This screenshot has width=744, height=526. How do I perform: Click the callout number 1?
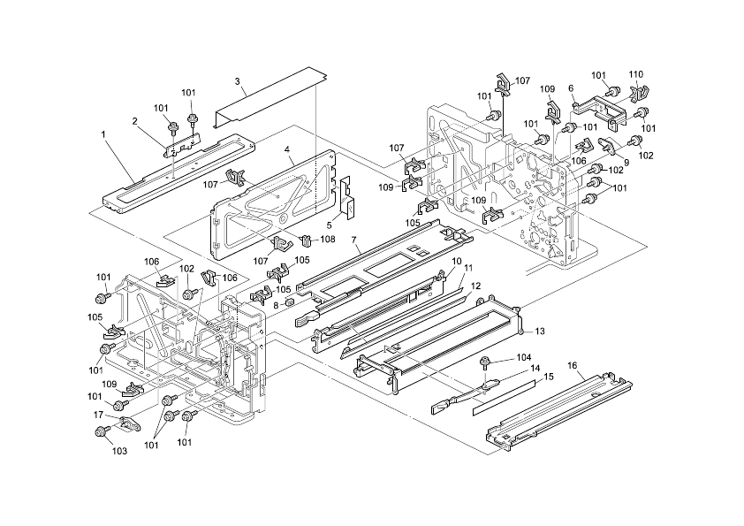(103, 134)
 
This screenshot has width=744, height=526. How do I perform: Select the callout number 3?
(238, 81)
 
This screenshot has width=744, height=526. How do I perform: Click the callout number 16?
(573, 364)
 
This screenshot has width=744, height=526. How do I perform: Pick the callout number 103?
(119, 451)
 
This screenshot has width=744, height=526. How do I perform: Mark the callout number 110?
(635, 74)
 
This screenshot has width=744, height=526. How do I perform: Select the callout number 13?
(540, 331)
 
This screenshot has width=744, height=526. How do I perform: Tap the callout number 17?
(98, 414)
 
